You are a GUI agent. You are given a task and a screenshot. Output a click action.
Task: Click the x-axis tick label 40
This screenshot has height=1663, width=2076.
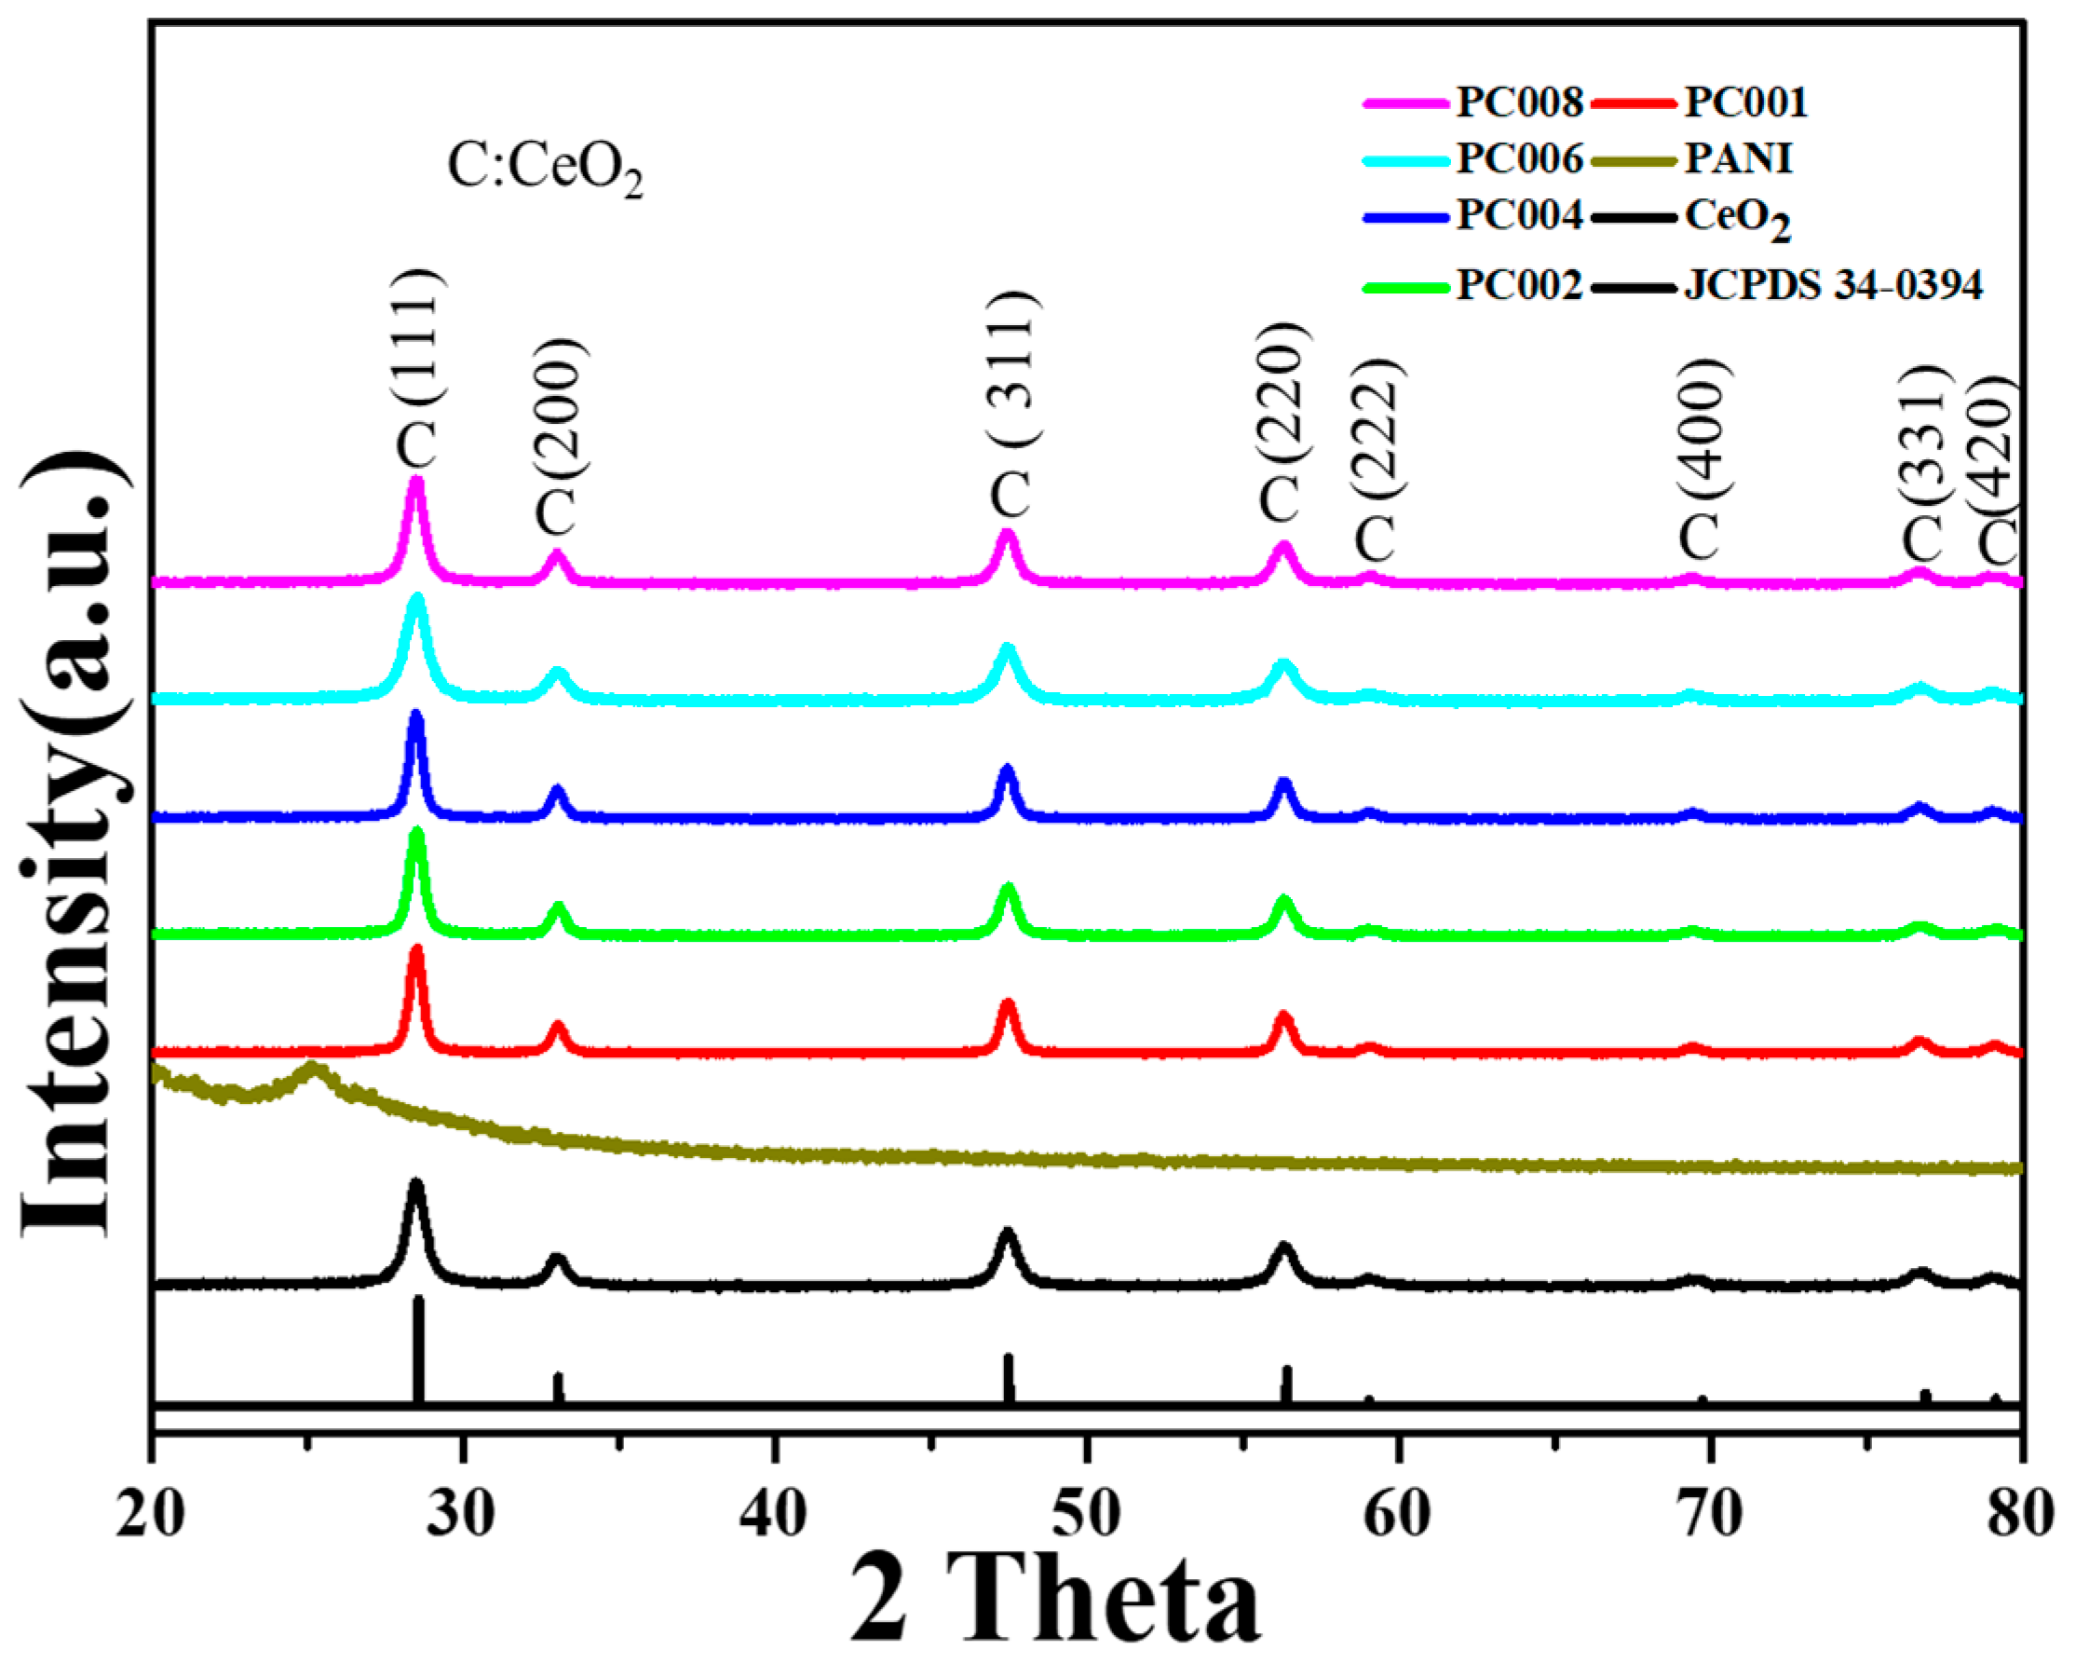coord(773,1515)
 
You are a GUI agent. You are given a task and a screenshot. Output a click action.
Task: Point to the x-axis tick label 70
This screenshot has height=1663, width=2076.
coord(1710,1515)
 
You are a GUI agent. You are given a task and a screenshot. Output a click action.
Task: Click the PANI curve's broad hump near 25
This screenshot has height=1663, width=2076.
coord(312,1069)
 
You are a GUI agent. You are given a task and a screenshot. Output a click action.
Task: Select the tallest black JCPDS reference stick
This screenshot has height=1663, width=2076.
coord(418,1348)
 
